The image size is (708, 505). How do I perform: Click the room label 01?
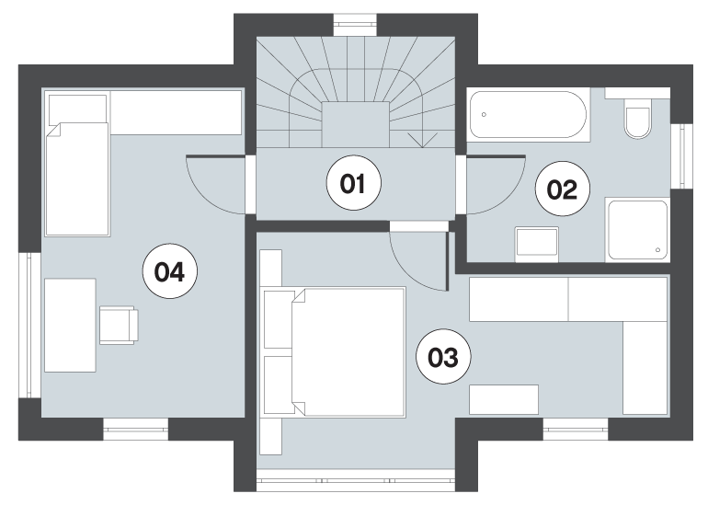pos(354,183)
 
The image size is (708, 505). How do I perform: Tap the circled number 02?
pos(562,189)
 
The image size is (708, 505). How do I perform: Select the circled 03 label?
pos(443,357)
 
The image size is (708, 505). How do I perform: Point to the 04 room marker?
pos(170,271)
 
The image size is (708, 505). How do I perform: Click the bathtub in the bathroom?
pos(529,115)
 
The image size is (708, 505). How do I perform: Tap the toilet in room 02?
pos(637,119)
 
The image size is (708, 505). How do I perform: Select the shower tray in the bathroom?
pos(637,230)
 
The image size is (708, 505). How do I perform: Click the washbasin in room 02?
pos(536,244)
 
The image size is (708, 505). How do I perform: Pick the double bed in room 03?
pos(335,352)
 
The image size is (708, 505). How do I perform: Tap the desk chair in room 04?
pos(119,325)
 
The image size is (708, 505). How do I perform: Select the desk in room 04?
pos(70,326)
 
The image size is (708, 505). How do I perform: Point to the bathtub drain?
pos(484,114)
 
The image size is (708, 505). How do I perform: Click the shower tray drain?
pos(657,250)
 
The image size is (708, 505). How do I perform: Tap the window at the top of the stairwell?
pos(355,25)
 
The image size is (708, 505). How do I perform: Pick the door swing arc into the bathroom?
pos(508,199)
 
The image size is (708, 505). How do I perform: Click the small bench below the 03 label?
pos(504,399)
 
